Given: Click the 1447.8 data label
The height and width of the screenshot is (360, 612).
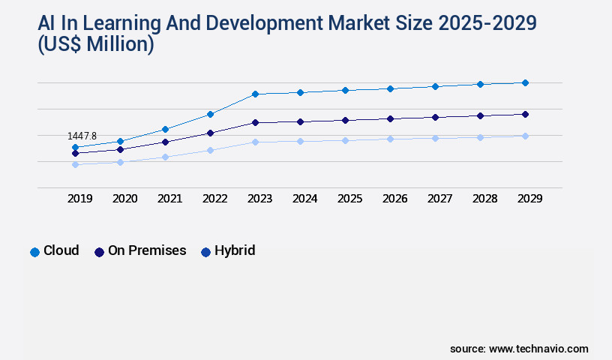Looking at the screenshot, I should pyautogui.click(x=82, y=136).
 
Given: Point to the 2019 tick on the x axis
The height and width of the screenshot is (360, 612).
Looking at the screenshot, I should pyautogui.click(x=80, y=199).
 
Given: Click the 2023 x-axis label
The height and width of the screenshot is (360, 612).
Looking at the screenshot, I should pyautogui.click(x=259, y=199).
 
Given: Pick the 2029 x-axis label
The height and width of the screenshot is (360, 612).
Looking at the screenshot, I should pyautogui.click(x=529, y=199).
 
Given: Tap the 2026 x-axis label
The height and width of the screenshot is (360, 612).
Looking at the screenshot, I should pyautogui.click(x=394, y=199).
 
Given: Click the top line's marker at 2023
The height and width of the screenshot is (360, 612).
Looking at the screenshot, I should pyautogui.click(x=255, y=94).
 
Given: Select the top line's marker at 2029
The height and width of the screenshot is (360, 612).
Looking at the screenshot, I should pyautogui.click(x=525, y=82).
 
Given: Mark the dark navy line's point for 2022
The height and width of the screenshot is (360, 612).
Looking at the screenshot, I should pyautogui.click(x=210, y=133).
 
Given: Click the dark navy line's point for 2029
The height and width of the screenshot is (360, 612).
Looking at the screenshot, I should pyautogui.click(x=525, y=114).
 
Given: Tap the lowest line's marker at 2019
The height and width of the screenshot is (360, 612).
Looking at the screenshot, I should pyautogui.click(x=75, y=164).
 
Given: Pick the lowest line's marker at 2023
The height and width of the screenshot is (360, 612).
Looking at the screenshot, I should pyautogui.click(x=255, y=142).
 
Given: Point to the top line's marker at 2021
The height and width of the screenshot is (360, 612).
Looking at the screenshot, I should pyautogui.click(x=165, y=129).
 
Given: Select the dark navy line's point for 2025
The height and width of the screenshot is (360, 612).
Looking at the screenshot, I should pyautogui.click(x=345, y=120).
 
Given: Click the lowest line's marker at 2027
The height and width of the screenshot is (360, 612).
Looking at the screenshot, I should pyautogui.click(x=435, y=138).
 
